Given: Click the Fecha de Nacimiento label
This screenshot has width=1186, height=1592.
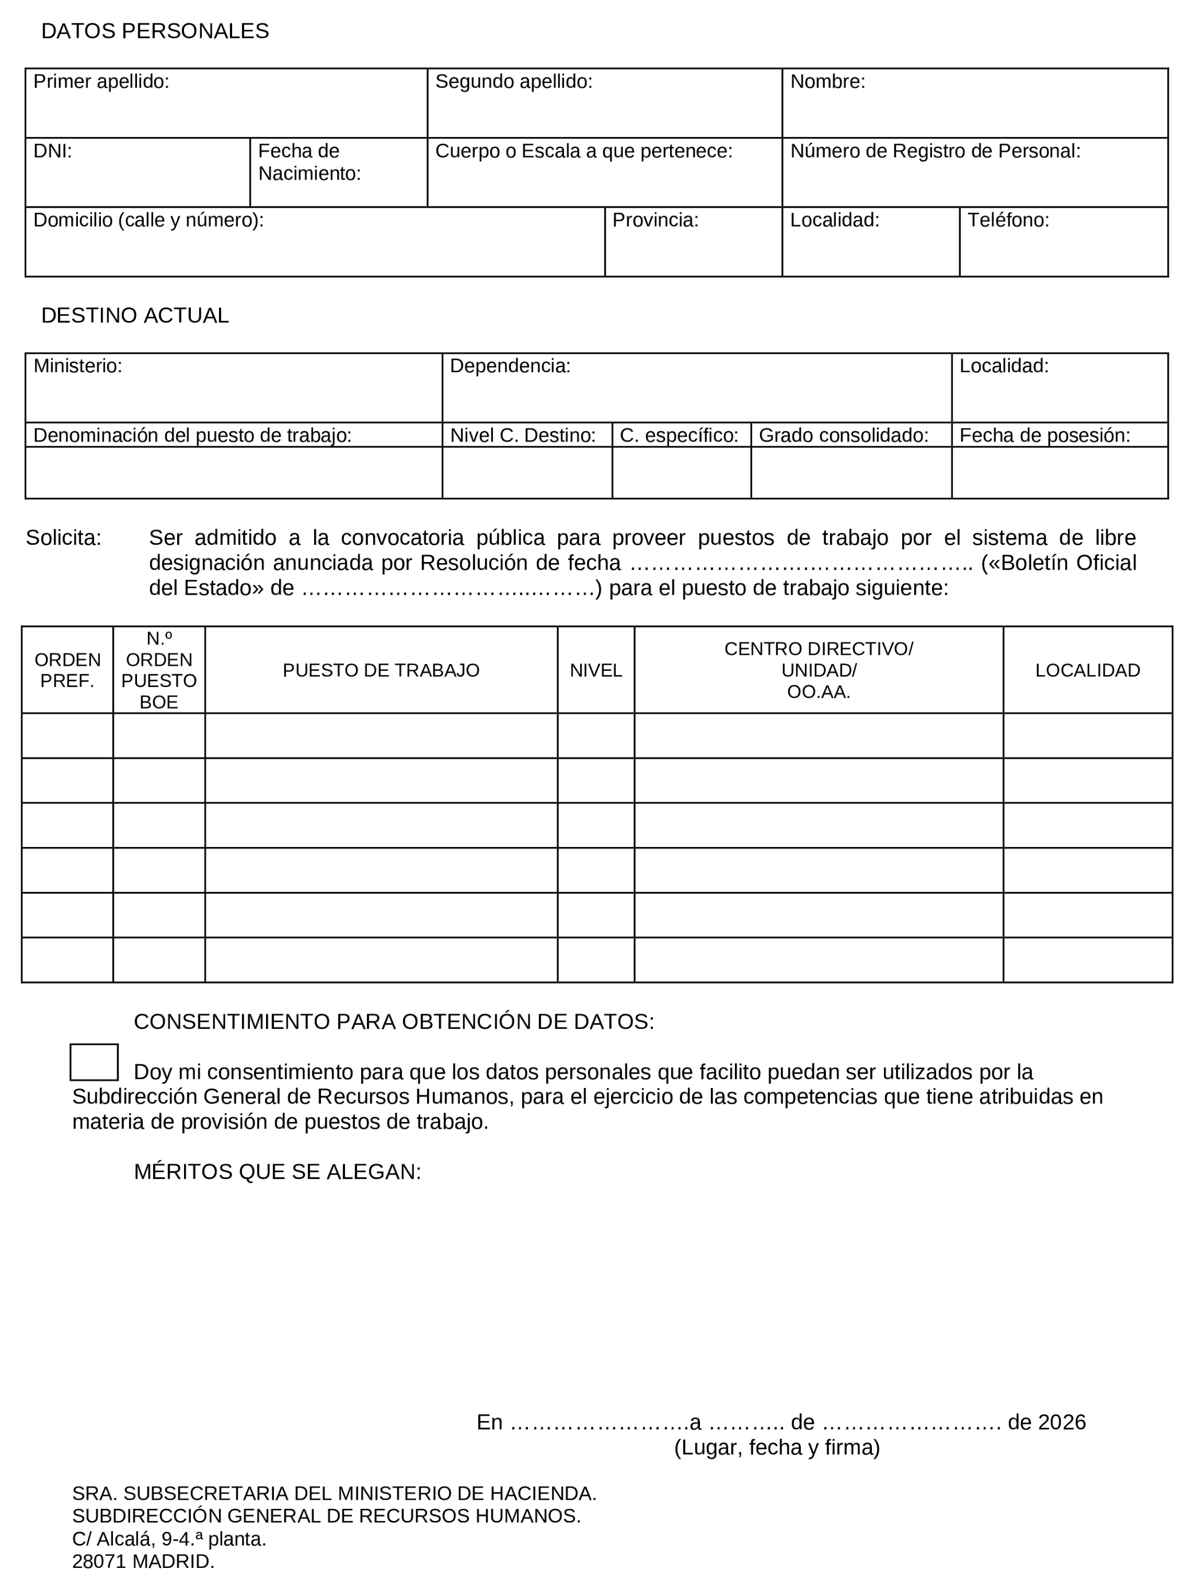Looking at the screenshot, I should (309, 162).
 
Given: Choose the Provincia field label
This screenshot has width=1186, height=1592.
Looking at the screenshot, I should (655, 220).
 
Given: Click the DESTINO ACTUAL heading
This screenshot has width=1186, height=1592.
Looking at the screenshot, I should (135, 315).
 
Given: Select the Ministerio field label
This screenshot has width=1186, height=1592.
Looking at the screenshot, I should (77, 366).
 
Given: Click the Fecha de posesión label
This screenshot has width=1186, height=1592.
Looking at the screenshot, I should (1044, 435).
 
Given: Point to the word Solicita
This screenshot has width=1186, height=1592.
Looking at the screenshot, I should (63, 538).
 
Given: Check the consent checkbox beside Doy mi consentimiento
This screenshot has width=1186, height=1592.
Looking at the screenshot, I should (94, 1062).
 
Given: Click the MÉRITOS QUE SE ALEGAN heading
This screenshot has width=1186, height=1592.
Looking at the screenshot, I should (277, 1171).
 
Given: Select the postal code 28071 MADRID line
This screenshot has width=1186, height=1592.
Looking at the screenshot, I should (143, 1561).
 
